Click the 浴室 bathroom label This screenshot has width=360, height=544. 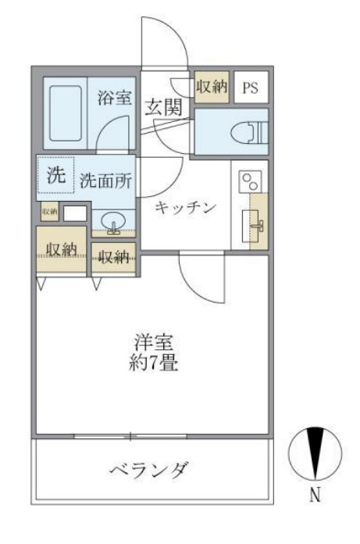(114, 99)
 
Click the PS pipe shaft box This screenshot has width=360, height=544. (249, 88)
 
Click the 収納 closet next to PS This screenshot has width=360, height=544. (211, 87)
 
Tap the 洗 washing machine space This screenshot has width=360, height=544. (55, 176)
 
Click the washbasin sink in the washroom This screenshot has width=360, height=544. (114, 223)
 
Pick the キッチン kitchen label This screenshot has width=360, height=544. (184, 206)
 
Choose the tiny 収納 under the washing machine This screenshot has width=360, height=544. (49, 211)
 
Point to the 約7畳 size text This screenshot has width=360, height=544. (152, 363)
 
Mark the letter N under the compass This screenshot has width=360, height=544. (315, 495)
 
